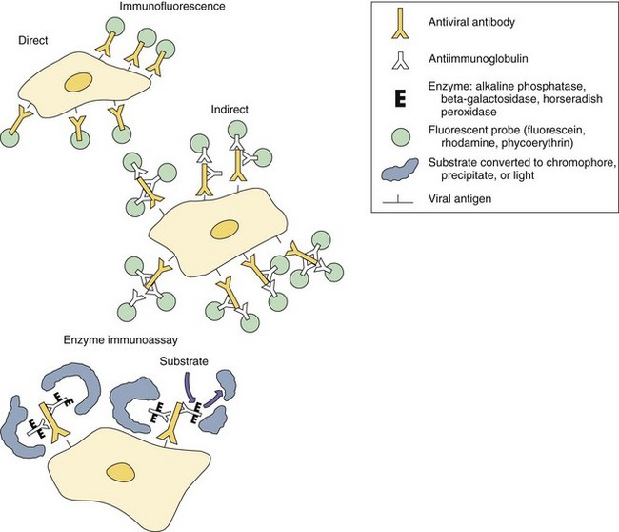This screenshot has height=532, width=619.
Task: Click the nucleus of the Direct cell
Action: pos(78,85)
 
